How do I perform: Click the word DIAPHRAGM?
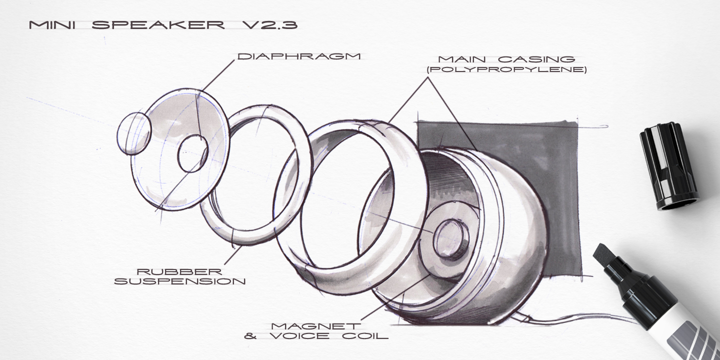click(299, 56)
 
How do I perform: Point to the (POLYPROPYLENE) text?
click(506, 70)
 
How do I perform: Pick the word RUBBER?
click(179, 271)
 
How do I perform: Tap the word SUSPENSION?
click(180, 281)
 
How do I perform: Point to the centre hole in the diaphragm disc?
click(192, 153)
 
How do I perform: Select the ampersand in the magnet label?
click(250, 336)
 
